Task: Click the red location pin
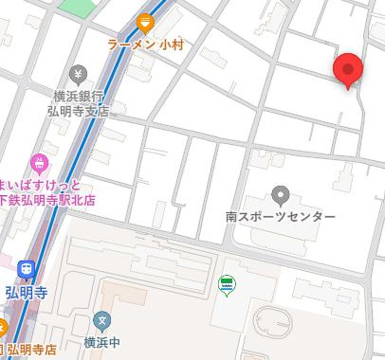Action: [349, 69]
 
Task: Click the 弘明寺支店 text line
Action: [79, 110]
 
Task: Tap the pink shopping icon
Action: [39, 163]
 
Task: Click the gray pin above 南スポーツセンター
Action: [280, 196]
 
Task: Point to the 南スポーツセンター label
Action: [281, 217]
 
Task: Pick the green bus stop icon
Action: [227, 283]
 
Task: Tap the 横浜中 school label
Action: [102, 342]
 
